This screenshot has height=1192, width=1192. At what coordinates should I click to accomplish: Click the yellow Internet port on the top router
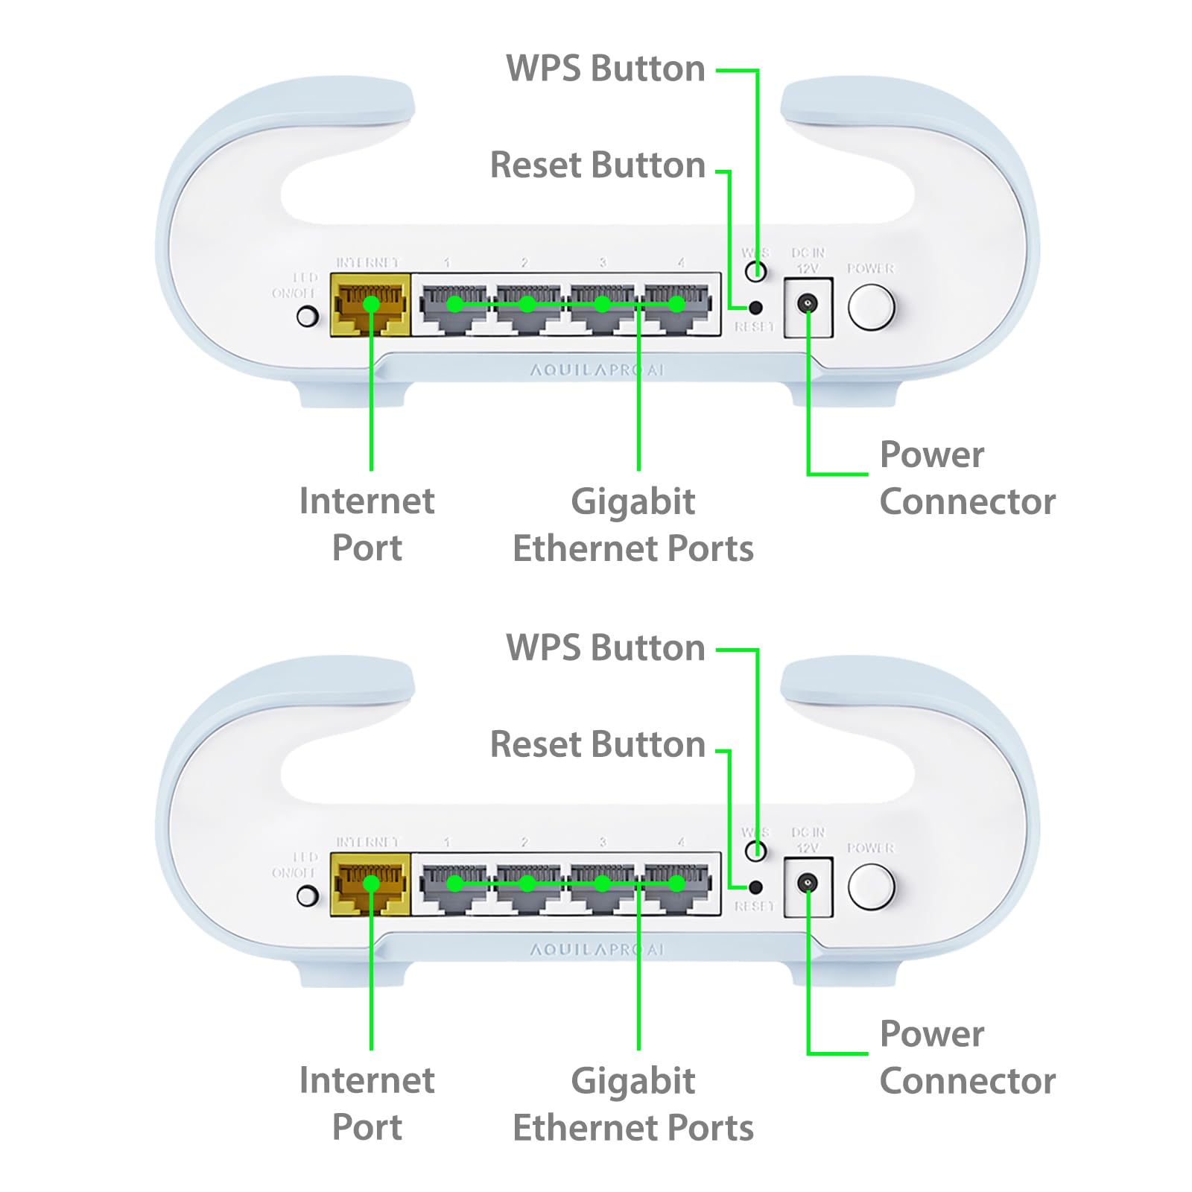pos(370,304)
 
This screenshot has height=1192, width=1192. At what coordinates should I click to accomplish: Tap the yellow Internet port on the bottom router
pos(370,884)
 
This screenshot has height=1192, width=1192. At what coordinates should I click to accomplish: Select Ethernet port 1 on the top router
pos(454,305)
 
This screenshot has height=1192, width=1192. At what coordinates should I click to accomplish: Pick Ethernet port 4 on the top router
pos(676,305)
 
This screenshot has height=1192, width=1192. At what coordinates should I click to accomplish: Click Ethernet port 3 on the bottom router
pos(602,884)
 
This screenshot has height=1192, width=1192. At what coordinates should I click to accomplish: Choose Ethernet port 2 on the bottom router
pos(527,884)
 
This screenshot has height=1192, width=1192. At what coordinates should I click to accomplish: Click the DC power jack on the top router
pos(808,304)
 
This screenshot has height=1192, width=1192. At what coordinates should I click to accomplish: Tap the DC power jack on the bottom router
pos(808,884)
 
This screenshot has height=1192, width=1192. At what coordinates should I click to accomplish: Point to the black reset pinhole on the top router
pos(755,307)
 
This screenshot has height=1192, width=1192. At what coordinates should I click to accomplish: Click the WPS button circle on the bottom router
pos(755,851)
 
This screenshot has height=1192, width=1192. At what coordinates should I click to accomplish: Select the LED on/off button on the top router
pos(307,317)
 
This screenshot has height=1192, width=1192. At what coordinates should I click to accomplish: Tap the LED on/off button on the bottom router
pos(307,896)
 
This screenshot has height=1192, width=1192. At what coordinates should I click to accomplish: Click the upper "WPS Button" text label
pos(605,69)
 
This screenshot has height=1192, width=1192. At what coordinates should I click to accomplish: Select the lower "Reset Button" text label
pos(597,744)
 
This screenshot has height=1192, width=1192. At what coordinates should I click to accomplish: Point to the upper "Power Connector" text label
pos(967,478)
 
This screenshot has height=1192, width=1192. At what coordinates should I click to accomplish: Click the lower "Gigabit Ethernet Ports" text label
pos(633,1104)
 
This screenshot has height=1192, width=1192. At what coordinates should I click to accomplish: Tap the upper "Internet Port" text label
pos(367,524)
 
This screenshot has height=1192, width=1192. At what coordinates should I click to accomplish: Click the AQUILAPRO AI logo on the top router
pos(596,370)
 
